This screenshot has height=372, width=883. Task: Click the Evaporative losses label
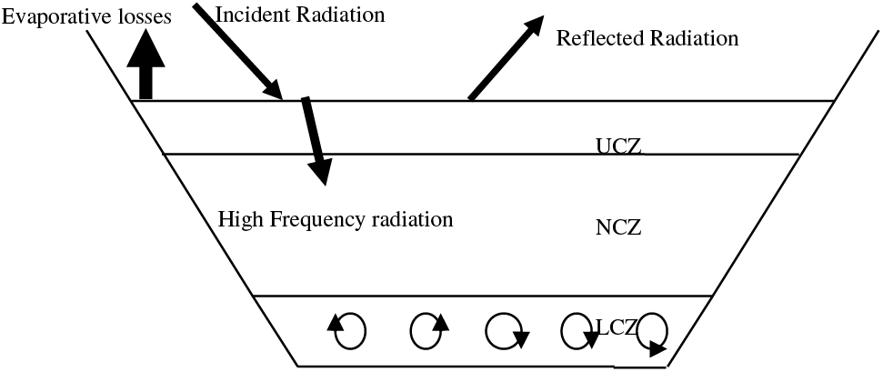(85, 18)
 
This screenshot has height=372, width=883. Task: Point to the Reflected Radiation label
(647, 38)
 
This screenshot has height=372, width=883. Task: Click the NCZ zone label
(618, 227)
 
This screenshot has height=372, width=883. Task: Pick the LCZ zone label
(618, 327)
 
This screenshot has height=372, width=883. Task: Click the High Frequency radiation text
(335, 219)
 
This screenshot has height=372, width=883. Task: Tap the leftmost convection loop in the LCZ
(348, 331)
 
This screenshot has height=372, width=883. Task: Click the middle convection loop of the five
(502, 331)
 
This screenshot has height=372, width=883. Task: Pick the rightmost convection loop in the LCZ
(652, 333)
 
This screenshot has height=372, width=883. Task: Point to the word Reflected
(597, 38)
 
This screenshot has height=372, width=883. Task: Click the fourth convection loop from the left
(577, 331)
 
